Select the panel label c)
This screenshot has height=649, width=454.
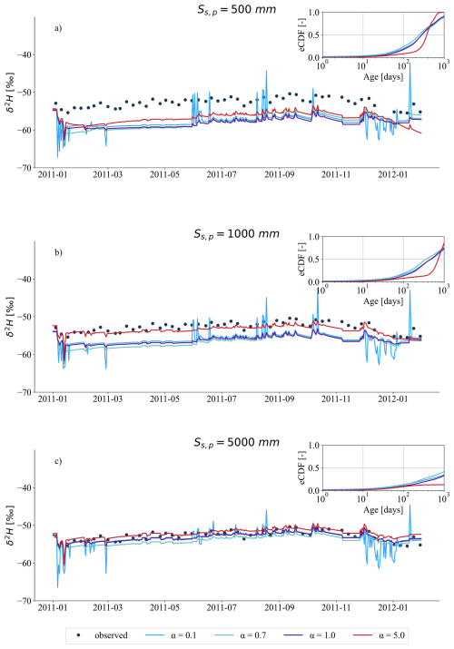(x=58, y=460)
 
